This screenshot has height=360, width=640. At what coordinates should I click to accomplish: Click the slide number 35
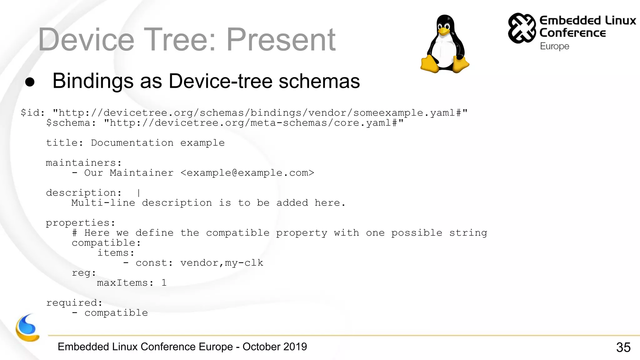(623, 347)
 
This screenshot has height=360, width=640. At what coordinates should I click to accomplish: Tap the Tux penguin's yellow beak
(443, 31)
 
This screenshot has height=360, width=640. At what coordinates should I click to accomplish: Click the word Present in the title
(281, 40)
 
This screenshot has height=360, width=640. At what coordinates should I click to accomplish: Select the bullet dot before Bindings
(30, 82)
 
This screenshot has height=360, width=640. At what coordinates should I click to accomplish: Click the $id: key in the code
(33, 112)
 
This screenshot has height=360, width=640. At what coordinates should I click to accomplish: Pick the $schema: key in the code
(71, 123)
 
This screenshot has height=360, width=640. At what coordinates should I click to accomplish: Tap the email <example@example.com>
(247, 173)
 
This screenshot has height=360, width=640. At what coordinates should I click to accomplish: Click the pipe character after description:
(138, 193)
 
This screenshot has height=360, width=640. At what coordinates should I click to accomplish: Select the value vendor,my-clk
(222, 263)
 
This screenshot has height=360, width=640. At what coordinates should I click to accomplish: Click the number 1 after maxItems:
(164, 283)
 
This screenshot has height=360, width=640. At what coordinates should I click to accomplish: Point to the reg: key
(84, 273)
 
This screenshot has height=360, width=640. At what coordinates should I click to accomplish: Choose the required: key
(74, 303)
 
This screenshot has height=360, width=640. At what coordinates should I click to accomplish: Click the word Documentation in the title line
(132, 143)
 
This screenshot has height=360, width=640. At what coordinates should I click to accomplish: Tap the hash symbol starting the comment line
(75, 233)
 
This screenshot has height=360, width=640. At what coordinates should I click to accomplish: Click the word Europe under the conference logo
(554, 46)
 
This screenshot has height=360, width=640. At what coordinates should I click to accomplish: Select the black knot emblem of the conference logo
(522, 28)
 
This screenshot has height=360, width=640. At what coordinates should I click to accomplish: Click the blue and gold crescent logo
(27, 328)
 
